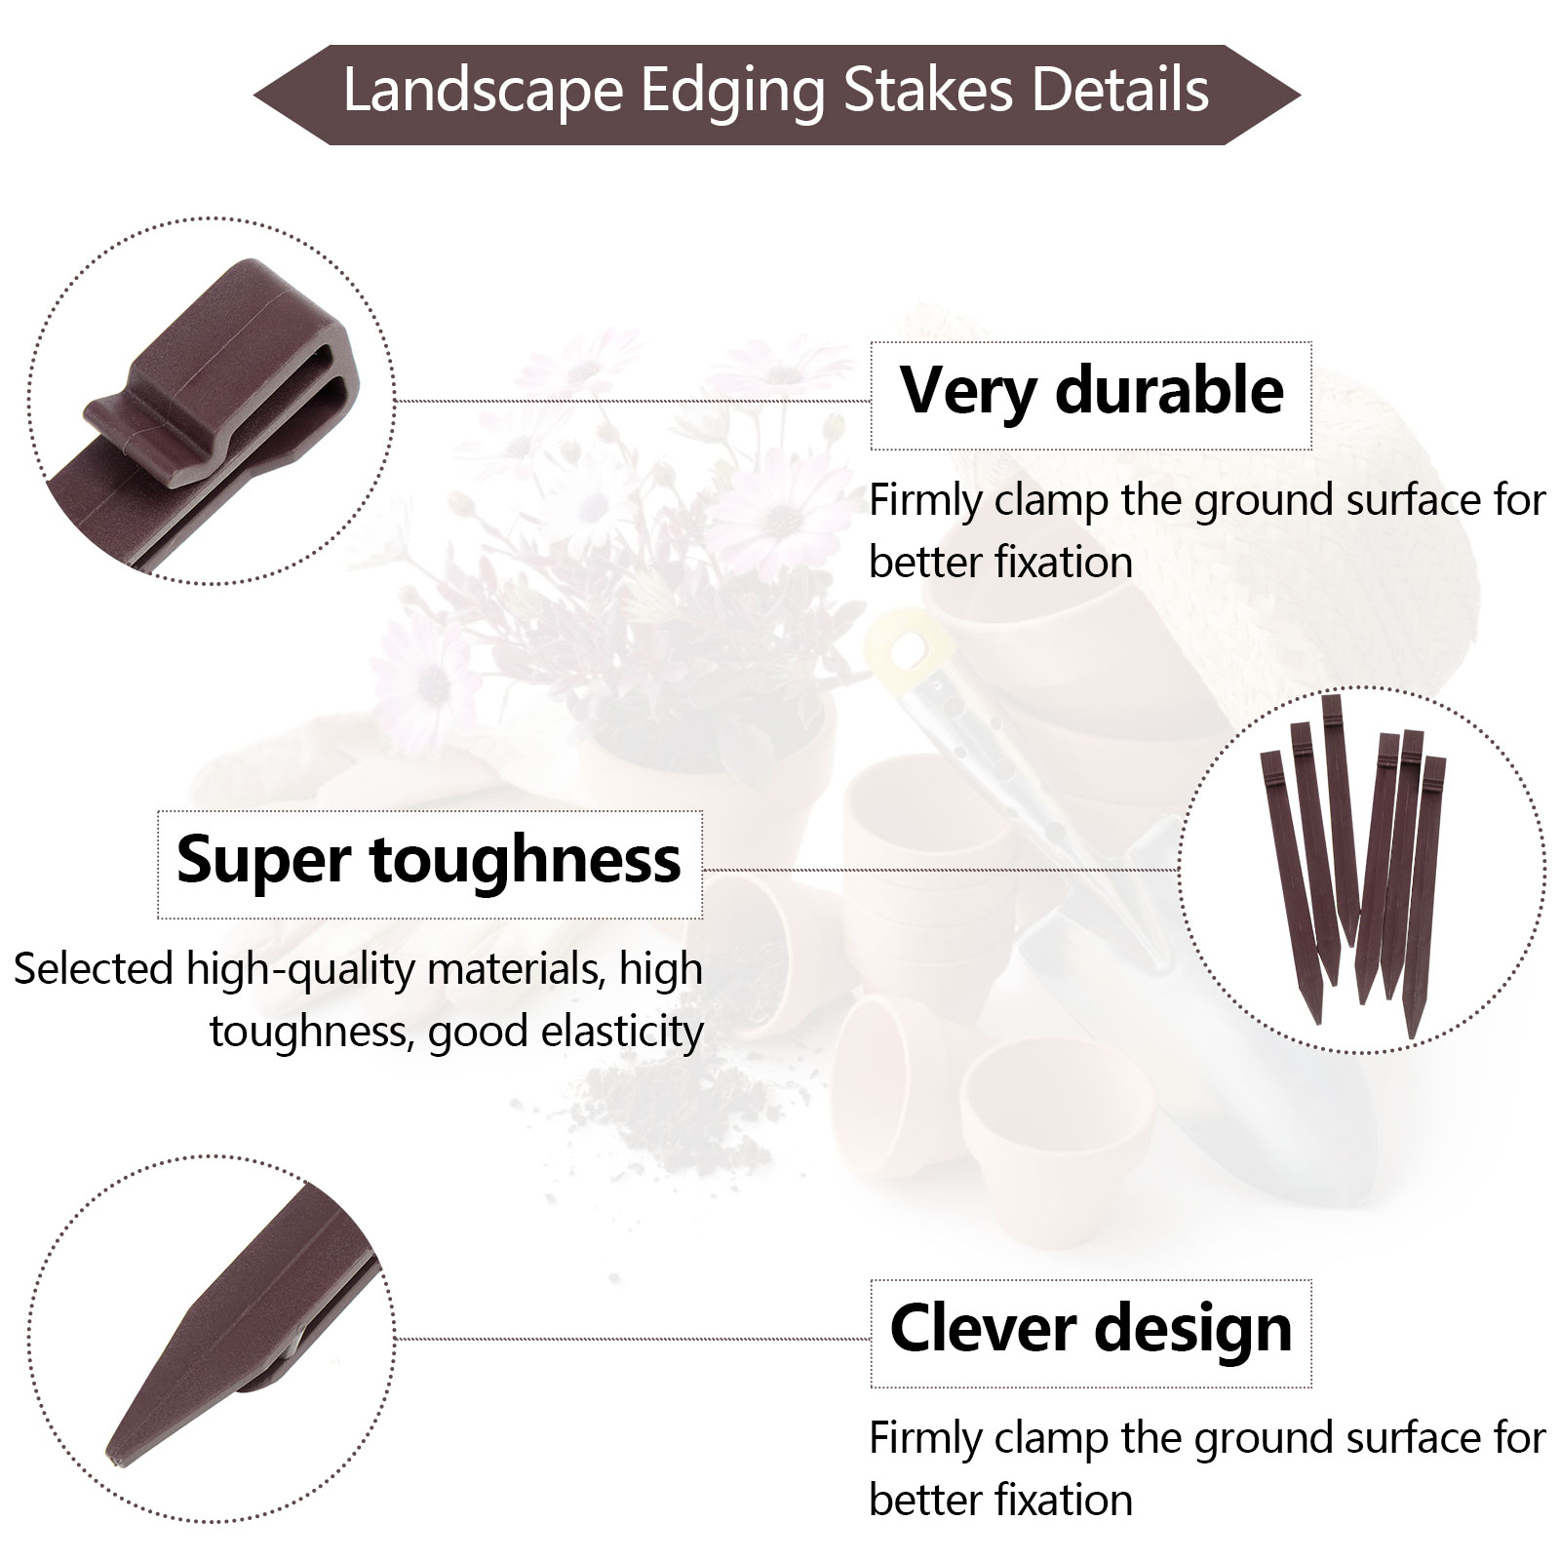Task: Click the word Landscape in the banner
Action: tap(483, 91)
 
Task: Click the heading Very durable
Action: tap(1091, 390)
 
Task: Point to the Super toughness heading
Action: tap(429, 860)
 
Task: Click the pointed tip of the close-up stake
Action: tap(110, 1462)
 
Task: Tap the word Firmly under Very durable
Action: tap(926, 501)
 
